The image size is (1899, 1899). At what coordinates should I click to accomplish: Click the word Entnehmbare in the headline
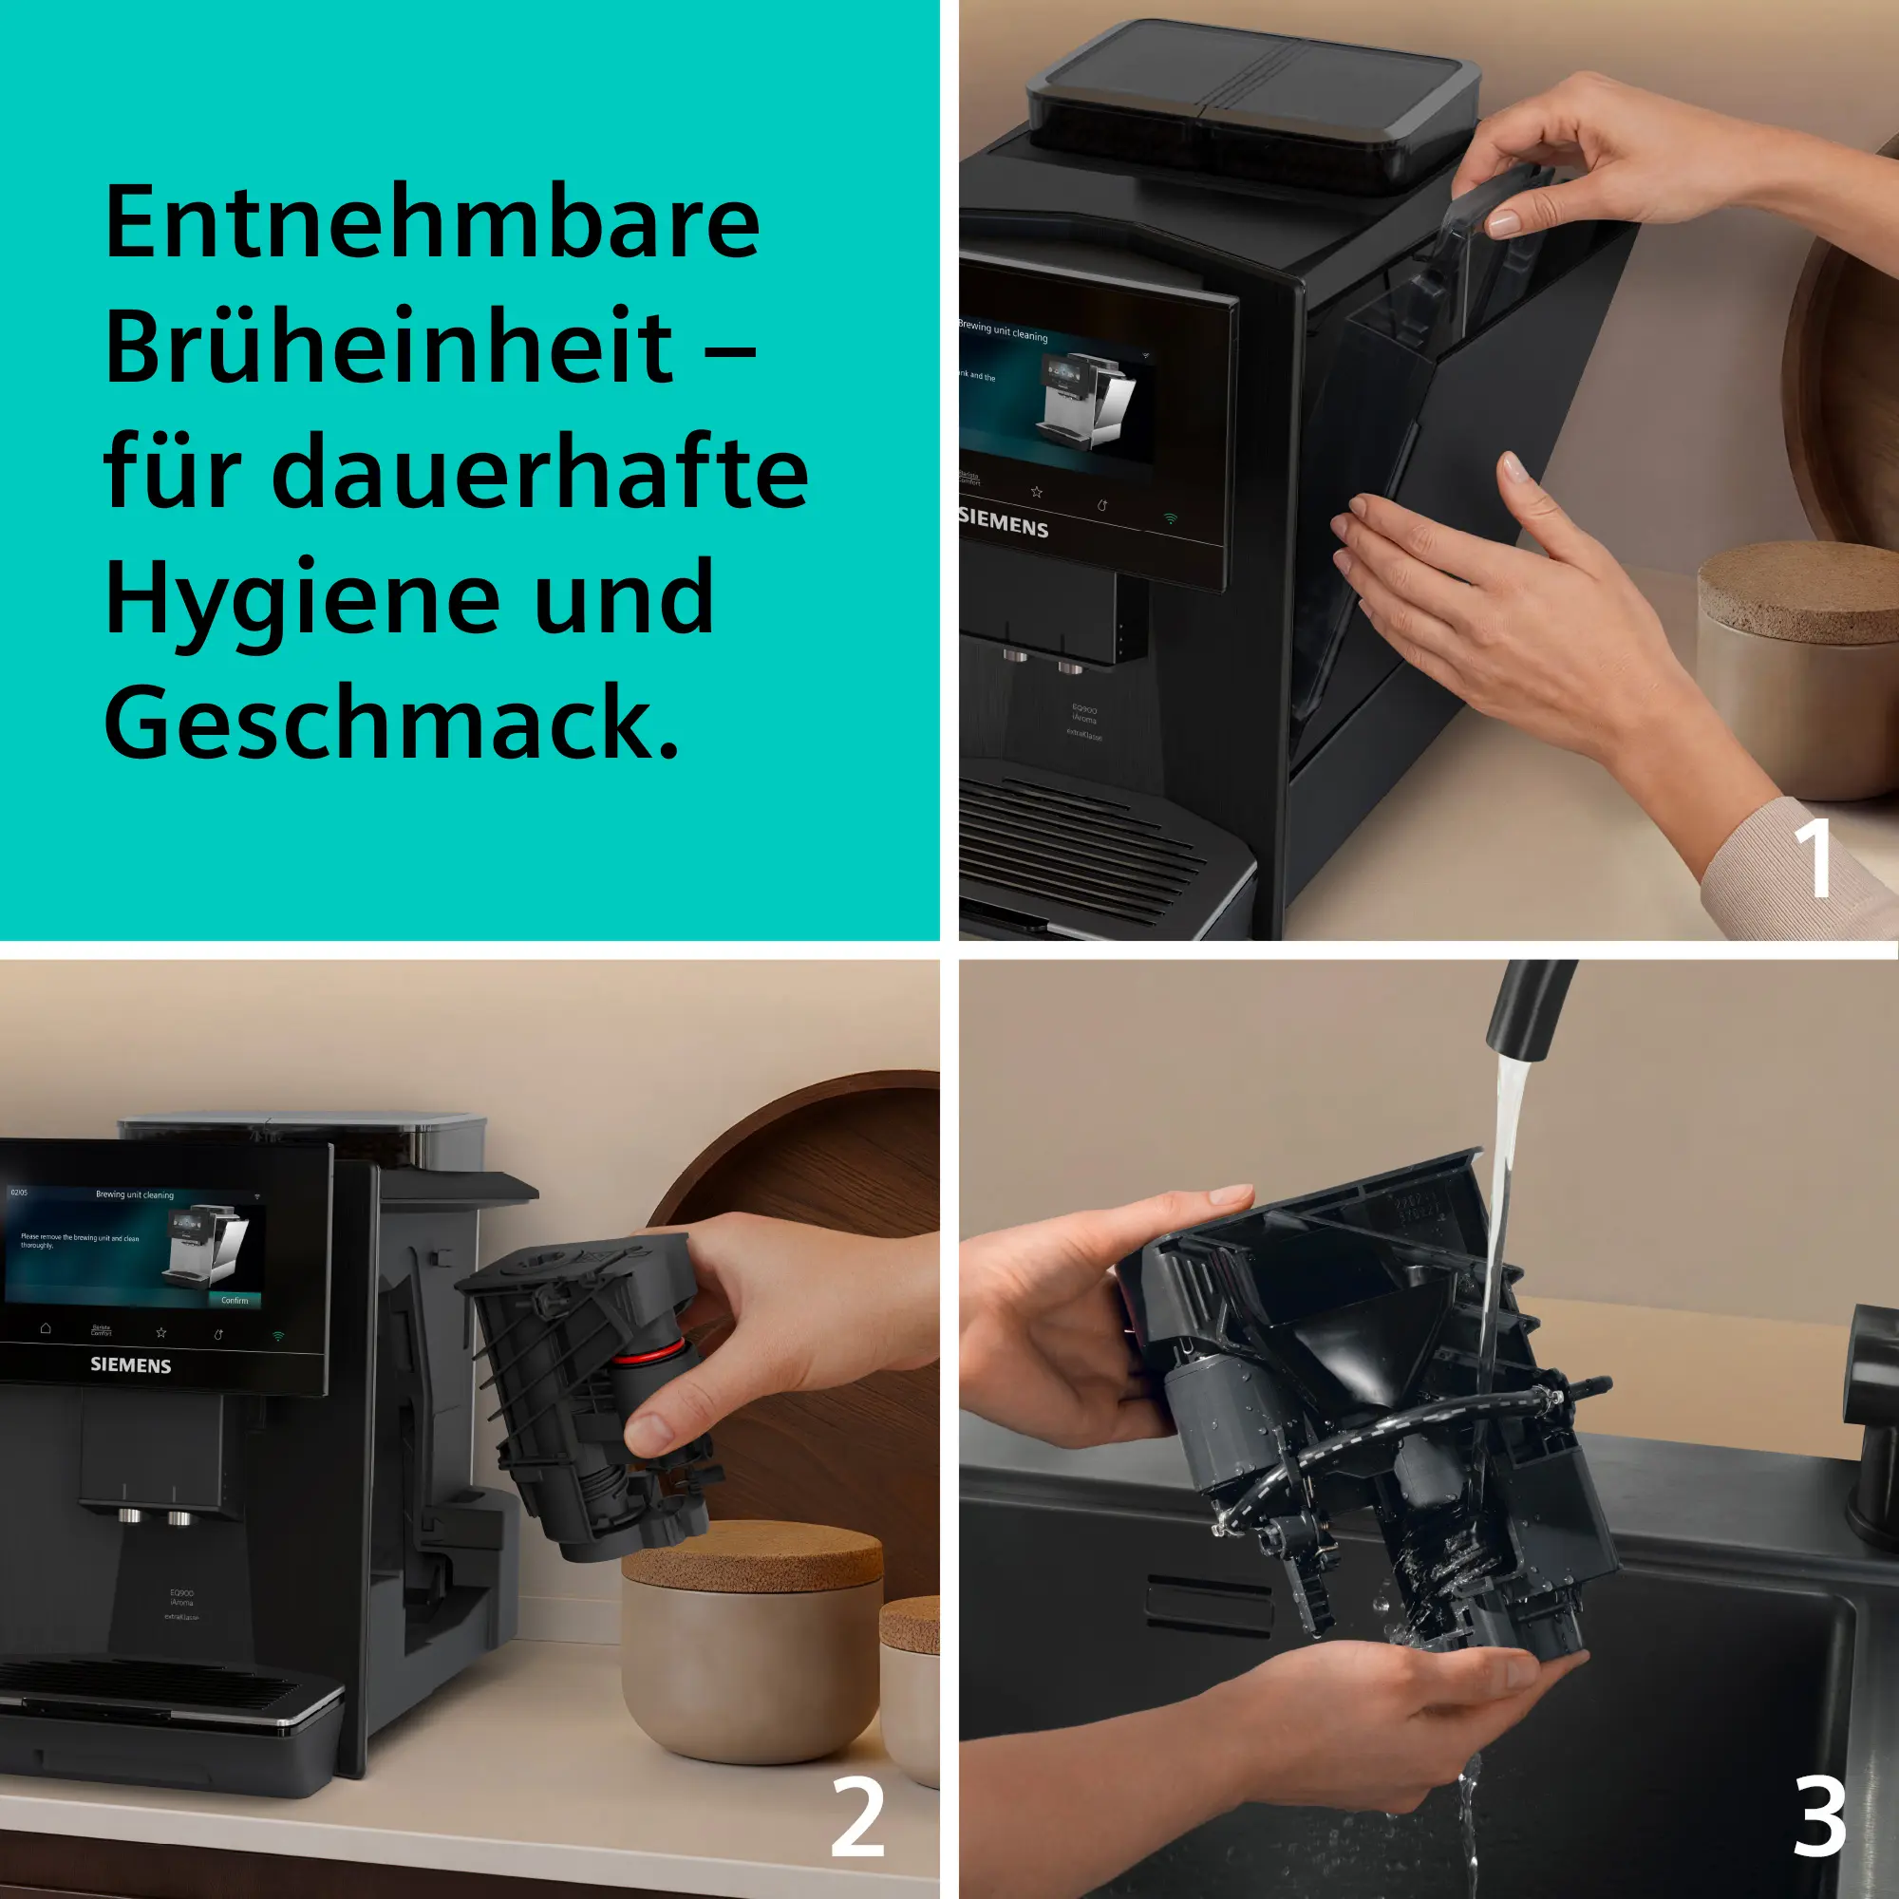pos(432,224)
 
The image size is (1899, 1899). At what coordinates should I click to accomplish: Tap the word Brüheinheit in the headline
pos(388,348)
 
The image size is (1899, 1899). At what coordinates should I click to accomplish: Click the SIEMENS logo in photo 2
pos(131,1365)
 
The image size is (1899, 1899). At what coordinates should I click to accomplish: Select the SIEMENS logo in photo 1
pos(1004,523)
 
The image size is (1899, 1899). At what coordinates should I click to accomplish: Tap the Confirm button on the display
pos(234,1301)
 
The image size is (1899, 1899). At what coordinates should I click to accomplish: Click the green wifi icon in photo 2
pos(278,1337)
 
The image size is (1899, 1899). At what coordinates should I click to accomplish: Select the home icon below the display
pos(46,1328)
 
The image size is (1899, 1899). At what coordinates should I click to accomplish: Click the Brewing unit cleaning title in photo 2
pos(135,1195)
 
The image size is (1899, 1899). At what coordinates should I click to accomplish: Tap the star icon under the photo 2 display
pos(161,1333)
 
